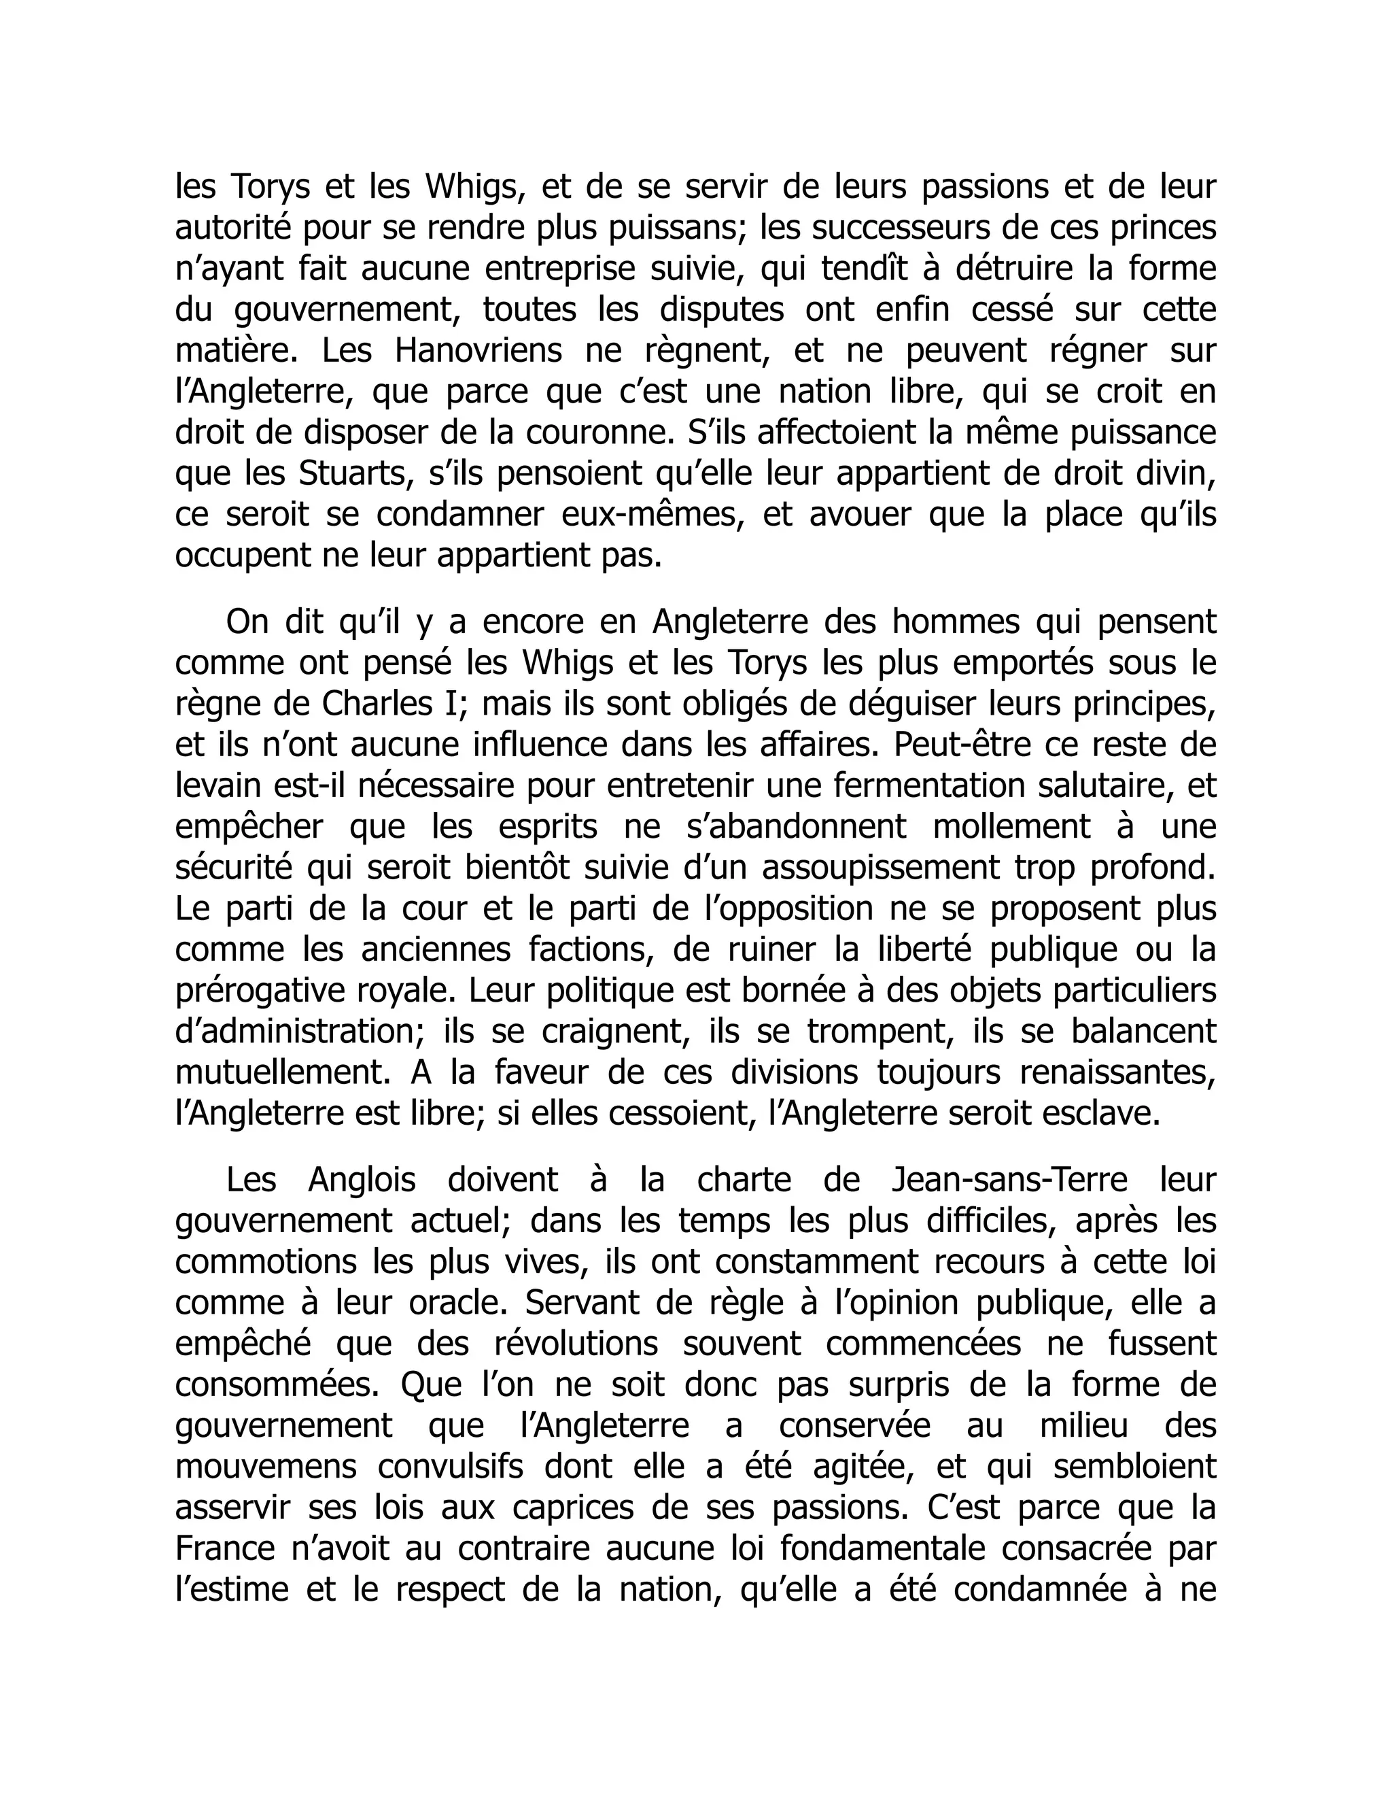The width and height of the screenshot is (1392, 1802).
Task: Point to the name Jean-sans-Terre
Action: click(1009, 1180)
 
